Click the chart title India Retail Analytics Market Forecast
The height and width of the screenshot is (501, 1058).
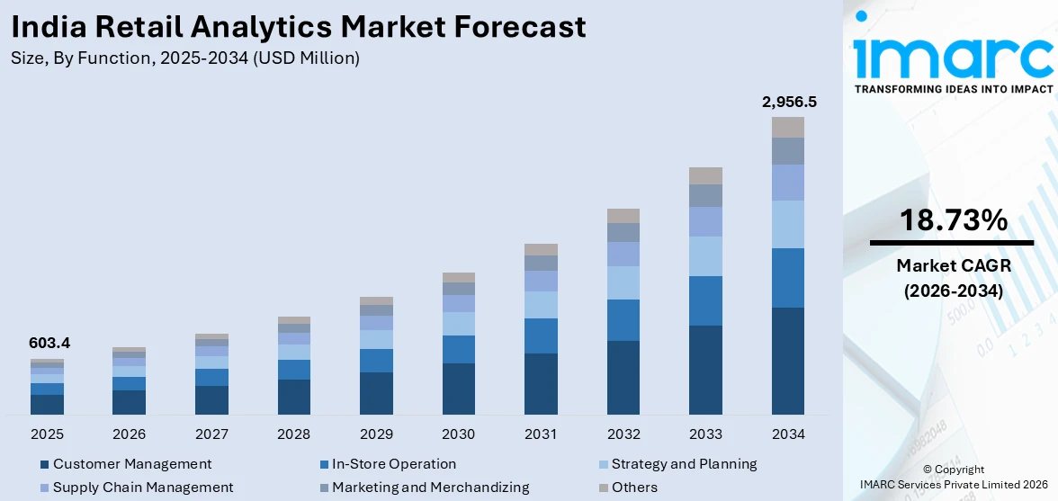coord(299,27)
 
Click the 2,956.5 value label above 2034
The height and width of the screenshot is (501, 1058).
coord(788,102)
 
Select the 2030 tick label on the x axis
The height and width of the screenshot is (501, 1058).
coord(458,434)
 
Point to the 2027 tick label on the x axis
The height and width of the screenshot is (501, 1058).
coord(211,434)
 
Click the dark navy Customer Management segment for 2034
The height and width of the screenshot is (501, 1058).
coord(788,361)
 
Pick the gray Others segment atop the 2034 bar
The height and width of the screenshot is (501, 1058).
coord(788,127)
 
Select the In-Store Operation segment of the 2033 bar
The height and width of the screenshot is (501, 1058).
coord(705,300)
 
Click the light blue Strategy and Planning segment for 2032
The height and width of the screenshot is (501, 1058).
coord(623,282)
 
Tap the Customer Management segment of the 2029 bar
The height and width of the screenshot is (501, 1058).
coord(376,393)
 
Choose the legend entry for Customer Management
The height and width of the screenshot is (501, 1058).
coord(131,464)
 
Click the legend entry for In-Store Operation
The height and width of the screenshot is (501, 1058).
coord(393,464)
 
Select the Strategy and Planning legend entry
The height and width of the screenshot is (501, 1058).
coord(683,464)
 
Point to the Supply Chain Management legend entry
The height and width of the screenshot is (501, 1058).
coord(142,488)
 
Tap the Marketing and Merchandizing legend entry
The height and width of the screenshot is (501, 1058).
coord(430,488)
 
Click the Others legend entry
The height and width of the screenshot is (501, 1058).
coord(633,488)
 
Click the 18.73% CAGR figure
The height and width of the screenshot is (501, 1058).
coord(951,219)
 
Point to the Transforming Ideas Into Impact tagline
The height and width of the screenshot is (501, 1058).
coord(952,89)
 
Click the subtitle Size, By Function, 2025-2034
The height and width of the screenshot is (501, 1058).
coord(186,58)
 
